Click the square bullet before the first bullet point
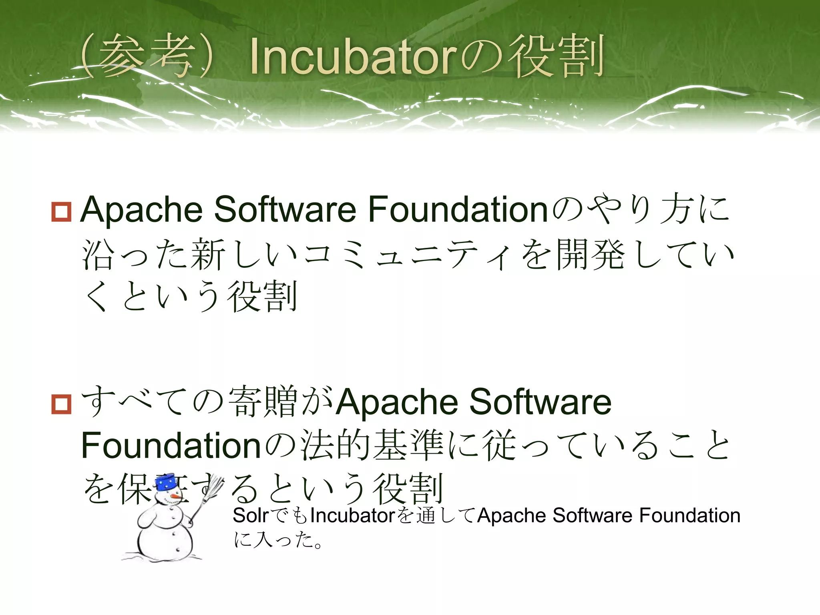click(x=61, y=212)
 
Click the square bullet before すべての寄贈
click(x=61, y=404)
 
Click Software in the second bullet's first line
click(x=540, y=402)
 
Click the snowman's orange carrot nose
click(x=177, y=497)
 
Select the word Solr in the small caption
click(x=250, y=516)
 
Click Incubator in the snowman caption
click(x=352, y=516)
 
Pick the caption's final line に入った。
click(x=278, y=541)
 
